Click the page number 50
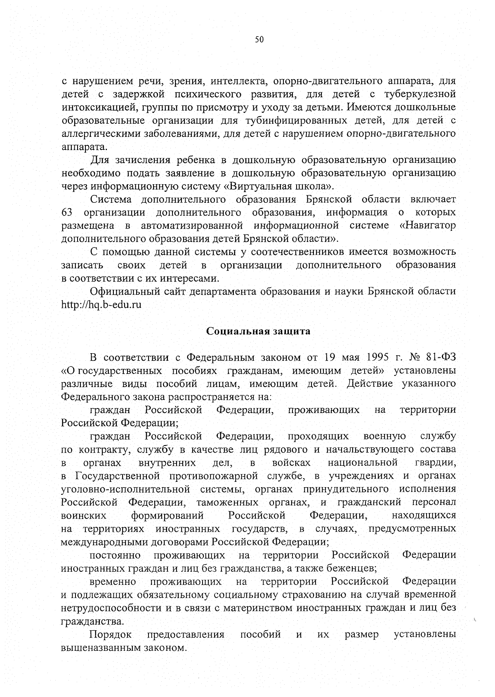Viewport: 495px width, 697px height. point(259,40)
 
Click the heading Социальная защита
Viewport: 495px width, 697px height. point(258,331)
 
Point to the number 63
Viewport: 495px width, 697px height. point(67,213)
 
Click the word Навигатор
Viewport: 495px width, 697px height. point(431,226)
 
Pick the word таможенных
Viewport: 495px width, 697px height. point(227,502)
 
